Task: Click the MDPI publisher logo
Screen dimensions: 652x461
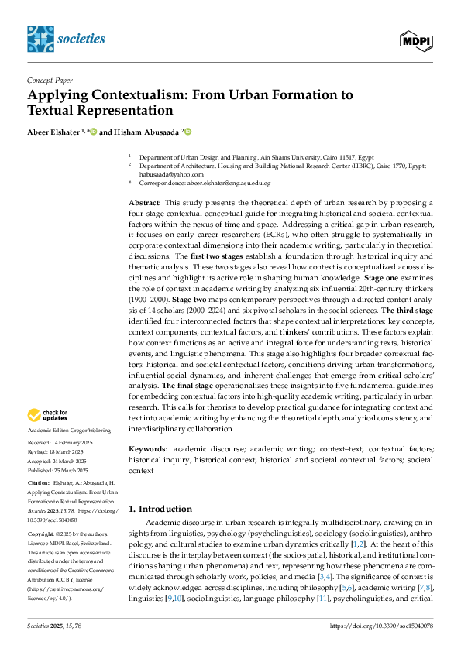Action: tap(417, 39)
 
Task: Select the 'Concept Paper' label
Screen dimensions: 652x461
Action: tap(51, 80)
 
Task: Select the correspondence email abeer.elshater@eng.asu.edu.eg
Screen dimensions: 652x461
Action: tap(231, 183)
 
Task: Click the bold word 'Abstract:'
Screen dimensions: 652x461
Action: tap(145, 202)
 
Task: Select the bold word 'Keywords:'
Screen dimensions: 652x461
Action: tap(147, 448)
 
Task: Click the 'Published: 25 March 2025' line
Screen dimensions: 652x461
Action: tap(61, 469)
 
